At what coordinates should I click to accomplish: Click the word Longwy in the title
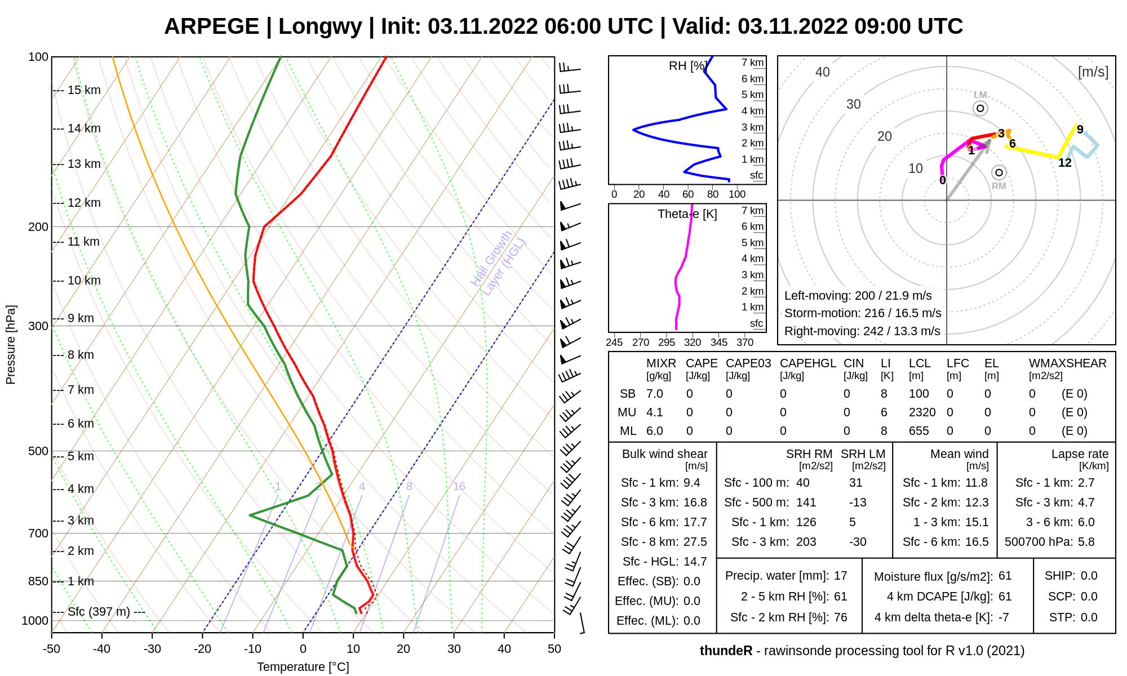pyautogui.click(x=320, y=26)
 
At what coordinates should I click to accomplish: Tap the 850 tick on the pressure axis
pyautogui.click(x=38, y=581)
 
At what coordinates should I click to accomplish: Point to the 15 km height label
pyautogui.click(x=84, y=90)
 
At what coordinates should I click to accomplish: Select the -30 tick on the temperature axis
pyautogui.click(x=152, y=649)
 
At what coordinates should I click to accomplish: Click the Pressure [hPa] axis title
pyautogui.click(x=11, y=345)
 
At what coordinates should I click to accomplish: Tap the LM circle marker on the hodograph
pyautogui.click(x=980, y=108)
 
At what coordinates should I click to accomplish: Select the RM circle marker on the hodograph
pyautogui.click(x=999, y=172)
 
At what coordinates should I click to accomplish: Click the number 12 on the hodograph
pyautogui.click(x=1064, y=163)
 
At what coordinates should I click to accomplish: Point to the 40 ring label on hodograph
pyautogui.click(x=823, y=72)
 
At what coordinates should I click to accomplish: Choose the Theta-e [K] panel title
pyautogui.click(x=687, y=214)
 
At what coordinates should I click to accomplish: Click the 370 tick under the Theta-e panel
pyautogui.click(x=745, y=342)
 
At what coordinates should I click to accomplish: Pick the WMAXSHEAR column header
pyautogui.click(x=1067, y=363)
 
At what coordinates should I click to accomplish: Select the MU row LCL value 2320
pyautogui.click(x=922, y=412)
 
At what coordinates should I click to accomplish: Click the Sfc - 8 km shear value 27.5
pyautogui.click(x=695, y=542)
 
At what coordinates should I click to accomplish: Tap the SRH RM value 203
pyautogui.click(x=806, y=542)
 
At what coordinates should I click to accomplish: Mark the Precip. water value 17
pyautogui.click(x=840, y=576)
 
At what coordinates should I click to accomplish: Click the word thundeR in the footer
pyautogui.click(x=726, y=651)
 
